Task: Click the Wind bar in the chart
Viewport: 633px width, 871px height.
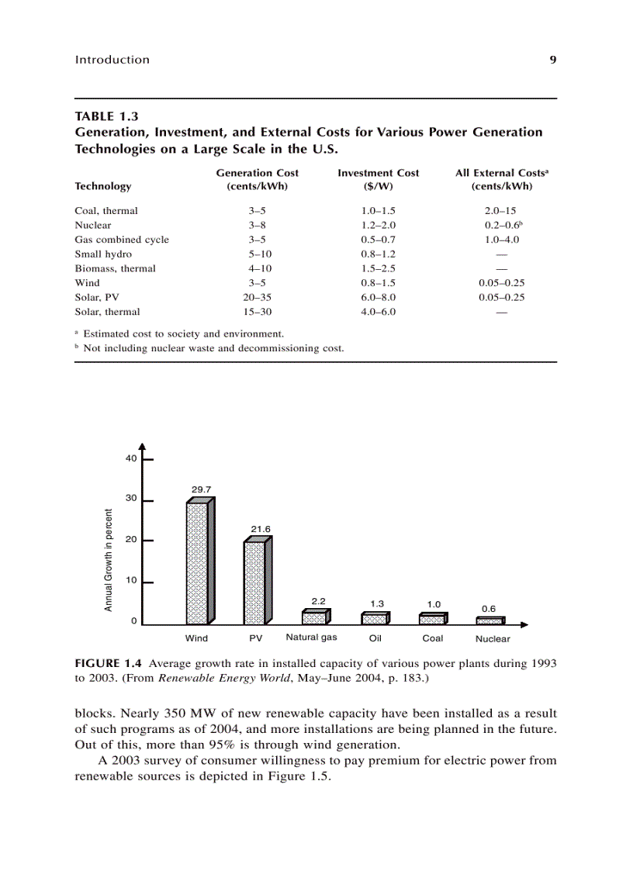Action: coord(199,562)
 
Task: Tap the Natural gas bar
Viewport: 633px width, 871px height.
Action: coord(316,617)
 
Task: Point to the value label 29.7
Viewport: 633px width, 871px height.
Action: coord(201,489)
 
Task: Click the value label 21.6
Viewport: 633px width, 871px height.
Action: coord(260,528)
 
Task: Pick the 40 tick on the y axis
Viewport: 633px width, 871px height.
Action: coord(131,458)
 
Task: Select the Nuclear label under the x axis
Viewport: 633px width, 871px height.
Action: coord(493,639)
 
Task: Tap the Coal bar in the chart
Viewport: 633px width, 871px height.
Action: coord(432,619)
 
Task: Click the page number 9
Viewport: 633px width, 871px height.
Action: coord(553,60)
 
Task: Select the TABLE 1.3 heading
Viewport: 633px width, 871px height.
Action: coord(106,117)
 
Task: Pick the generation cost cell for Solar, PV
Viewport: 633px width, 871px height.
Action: coord(257,297)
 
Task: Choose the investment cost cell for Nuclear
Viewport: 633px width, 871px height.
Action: coord(378,225)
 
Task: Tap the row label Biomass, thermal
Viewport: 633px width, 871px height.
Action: coord(115,268)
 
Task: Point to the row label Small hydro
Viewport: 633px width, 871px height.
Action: coord(103,254)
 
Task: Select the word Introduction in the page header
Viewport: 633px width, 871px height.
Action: coord(112,60)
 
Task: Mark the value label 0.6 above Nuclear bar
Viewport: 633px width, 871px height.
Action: coord(488,609)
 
